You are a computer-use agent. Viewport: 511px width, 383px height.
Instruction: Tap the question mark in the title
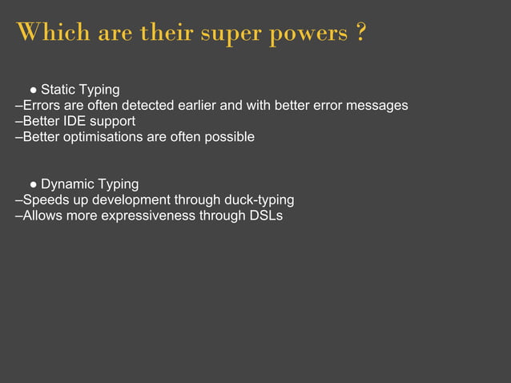[362, 34]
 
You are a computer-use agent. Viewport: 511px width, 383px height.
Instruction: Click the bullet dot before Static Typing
[34, 90]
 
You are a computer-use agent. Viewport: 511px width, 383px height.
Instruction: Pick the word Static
[58, 89]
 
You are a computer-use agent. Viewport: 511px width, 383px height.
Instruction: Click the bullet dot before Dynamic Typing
[34, 184]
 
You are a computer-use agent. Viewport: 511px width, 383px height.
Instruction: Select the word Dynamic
[67, 184]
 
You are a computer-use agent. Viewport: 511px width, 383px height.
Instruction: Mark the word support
[112, 121]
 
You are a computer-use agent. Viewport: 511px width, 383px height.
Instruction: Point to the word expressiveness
[150, 216]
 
